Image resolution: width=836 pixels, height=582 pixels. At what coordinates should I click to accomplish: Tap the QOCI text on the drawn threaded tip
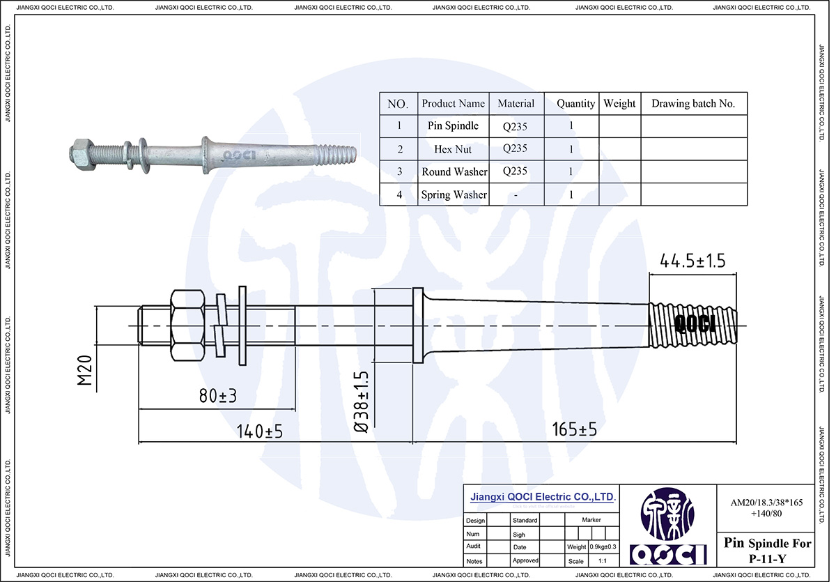pos(695,325)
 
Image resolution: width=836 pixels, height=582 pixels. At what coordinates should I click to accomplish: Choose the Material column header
pos(516,104)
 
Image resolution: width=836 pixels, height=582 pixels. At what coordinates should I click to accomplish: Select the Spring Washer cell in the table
pos(454,194)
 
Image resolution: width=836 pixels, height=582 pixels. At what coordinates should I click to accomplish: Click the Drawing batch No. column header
pos(693,104)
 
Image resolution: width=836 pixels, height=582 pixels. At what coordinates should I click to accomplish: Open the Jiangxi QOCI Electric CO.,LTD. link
pos(543,498)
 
